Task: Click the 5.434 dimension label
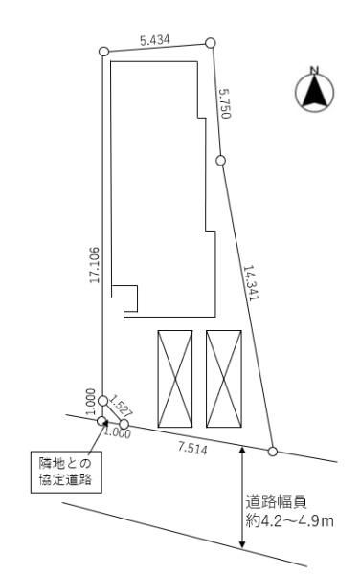(x=155, y=40)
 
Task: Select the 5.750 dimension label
(x=225, y=103)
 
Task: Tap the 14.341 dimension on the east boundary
(x=251, y=282)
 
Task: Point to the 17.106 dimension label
(x=95, y=265)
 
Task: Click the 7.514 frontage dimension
(x=192, y=448)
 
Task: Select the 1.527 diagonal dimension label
(x=122, y=405)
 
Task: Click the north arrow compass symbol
(x=315, y=92)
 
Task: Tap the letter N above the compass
(x=314, y=70)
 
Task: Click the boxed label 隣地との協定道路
(x=66, y=472)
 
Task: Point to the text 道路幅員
(x=276, y=502)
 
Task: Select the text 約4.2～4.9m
(x=289, y=521)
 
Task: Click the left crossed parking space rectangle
(x=175, y=379)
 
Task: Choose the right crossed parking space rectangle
(x=224, y=379)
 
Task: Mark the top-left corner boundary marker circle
(x=103, y=52)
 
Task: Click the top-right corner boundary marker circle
(x=210, y=43)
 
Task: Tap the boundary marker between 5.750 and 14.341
(x=220, y=161)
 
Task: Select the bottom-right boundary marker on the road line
(x=273, y=452)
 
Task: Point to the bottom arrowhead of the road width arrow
(x=241, y=544)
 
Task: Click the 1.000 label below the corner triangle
(x=118, y=433)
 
